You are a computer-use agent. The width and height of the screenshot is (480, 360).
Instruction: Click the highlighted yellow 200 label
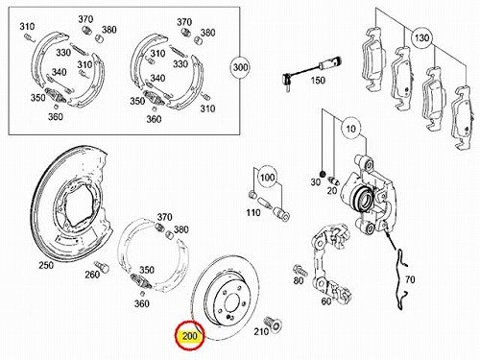pyautogui.click(x=189, y=336)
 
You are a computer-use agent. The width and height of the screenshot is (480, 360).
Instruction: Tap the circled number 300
pyautogui.click(x=240, y=67)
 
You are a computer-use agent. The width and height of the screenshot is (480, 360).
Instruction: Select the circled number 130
pyautogui.click(x=421, y=37)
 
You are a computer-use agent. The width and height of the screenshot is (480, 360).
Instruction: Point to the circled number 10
pyautogui.click(x=350, y=129)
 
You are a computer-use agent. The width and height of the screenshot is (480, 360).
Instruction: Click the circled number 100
pyautogui.click(x=268, y=177)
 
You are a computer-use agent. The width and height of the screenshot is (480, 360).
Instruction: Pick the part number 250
pyautogui.click(x=46, y=265)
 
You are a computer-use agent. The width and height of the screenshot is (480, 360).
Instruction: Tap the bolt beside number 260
pyautogui.click(x=102, y=267)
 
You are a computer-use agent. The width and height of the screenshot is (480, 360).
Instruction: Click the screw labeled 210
pyautogui.click(x=274, y=324)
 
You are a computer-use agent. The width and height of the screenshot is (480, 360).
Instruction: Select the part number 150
pyautogui.click(x=318, y=80)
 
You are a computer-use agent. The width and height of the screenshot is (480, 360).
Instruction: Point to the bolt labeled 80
pyautogui.click(x=300, y=271)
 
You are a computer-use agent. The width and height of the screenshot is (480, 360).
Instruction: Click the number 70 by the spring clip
pyautogui.click(x=410, y=279)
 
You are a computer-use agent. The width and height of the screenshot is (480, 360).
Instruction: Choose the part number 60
pyautogui.click(x=325, y=301)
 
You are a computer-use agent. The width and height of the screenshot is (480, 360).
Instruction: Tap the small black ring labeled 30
pyautogui.click(x=323, y=174)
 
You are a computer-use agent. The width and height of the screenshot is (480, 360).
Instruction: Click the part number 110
pyautogui.click(x=252, y=212)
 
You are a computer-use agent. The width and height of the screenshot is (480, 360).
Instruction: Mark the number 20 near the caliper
pyautogui.click(x=332, y=190)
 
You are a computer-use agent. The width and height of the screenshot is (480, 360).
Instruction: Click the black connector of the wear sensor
pyautogui.click(x=286, y=77)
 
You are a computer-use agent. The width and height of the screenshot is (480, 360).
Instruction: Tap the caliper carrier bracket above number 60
pyautogui.click(x=331, y=261)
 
